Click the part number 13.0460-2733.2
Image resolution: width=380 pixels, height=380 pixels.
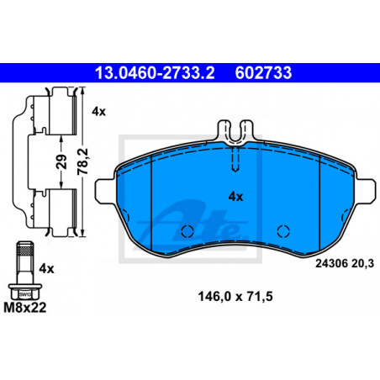coord(155,73)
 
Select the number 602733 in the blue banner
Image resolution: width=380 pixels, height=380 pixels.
coord(263,73)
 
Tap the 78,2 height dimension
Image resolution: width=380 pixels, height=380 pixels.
coord(83,162)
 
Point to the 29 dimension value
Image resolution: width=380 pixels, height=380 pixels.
coord(61,161)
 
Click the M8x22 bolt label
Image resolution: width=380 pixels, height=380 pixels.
coord(24,308)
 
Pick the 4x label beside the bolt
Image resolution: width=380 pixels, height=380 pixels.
coord(46,269)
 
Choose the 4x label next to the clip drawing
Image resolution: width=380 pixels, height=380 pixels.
coord(98,112)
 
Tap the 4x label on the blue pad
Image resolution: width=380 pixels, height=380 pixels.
coord(235,197)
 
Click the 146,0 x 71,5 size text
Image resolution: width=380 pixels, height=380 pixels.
coord(235,297)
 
